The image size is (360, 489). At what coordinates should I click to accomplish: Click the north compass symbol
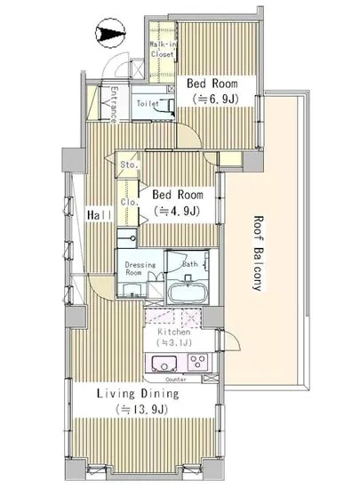coord(110,33)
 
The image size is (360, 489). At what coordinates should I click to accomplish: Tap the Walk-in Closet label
coord(163,49)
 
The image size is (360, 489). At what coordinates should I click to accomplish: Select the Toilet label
coord(148,103)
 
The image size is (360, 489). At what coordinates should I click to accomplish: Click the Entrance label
coord(114,105)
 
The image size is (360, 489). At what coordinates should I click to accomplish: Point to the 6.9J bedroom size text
coord(216,100)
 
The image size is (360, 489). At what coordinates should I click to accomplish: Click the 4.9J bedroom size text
coord(176,212)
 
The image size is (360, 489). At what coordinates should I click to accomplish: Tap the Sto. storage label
coord(129,164)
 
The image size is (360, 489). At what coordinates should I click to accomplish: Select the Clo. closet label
coord(129,202)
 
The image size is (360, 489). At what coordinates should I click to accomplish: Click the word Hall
coord(100,215)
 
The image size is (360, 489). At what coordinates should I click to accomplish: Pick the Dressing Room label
coord(140,269)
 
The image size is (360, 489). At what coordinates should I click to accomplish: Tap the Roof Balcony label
coord(259,253)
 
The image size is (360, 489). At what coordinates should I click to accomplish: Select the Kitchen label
coord(174,332)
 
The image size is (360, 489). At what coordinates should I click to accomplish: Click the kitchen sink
coord(164,364)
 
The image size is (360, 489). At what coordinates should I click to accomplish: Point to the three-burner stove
coord(198,362)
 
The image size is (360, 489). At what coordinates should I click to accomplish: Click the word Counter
coord(176,380)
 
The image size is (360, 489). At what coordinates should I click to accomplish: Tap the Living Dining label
coord(138,394)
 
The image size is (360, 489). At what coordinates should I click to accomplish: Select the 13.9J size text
coord(141,409)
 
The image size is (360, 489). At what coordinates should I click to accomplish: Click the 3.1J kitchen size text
coord(174,342)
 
